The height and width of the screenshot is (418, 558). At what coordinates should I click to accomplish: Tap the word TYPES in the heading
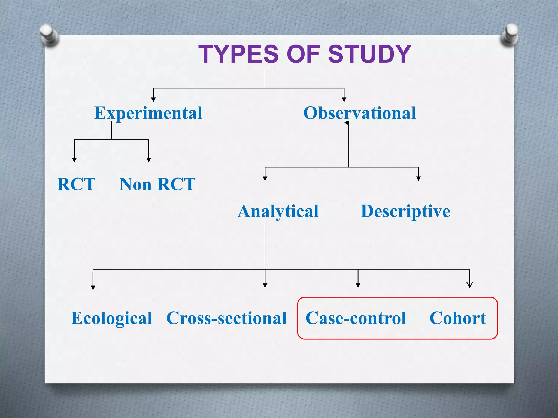pyautogui.click(x=239, y=54)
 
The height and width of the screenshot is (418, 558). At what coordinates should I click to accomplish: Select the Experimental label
pyautogui.click(x=148, y=113)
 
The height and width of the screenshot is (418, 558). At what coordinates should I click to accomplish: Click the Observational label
pyautogui.click(x=360, y=113)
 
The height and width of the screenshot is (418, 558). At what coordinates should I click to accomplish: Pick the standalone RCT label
pyautogui.click(x=76, y=184)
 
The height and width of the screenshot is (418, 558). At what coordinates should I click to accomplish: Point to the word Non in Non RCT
pyautogui.click(x=135, y=184)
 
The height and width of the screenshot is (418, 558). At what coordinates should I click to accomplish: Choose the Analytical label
pyautogui.click(x=278, y=211)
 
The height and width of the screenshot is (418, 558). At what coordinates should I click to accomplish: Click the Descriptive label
pyautogui.click(x=405, y=211)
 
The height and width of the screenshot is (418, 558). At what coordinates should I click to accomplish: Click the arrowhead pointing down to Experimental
pyautogui.click(x=153, y=99)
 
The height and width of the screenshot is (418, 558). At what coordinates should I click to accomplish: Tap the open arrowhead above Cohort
pyautogui.click(x=469, y=285)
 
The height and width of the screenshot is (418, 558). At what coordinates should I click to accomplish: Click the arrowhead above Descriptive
pyautogui.click(x=418, y=179)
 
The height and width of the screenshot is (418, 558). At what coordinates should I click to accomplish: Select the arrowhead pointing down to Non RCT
pyautogui.click(x=149, y=160)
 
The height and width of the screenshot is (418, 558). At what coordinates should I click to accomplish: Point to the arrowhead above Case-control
pyautogui.click(x=358, y=285)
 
